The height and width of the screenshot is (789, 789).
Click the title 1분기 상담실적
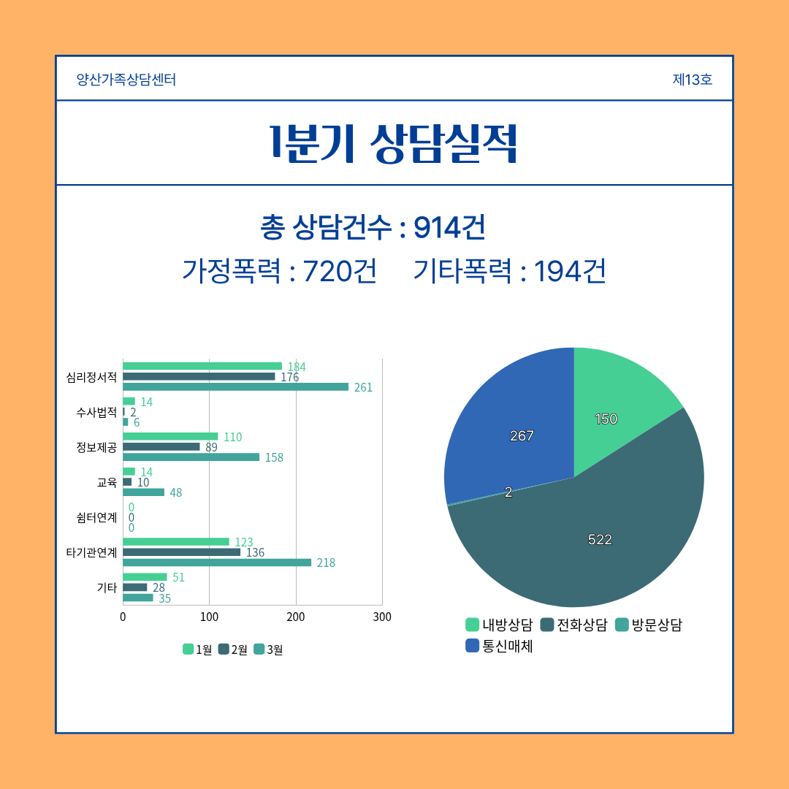(x=394, y=143)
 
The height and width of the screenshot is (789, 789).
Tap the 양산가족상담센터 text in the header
(x=126, y=80)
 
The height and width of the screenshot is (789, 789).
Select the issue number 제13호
(x=692, y=80)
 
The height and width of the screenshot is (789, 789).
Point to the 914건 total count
(x=449, y=228)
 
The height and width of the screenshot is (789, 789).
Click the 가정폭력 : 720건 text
(x=279, y=272)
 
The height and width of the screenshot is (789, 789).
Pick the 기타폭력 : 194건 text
(x=509, y=272)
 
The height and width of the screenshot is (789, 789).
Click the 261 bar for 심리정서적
(x=235, y=387)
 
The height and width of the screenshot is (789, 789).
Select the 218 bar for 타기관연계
(x=217, y=563)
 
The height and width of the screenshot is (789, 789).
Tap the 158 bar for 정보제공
(x=191, y=457)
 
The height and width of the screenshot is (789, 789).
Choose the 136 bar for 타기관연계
(x=181, y=552)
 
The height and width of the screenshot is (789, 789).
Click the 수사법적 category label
(x=96, y=412)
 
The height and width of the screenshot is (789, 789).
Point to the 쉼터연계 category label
(x=96, y=517)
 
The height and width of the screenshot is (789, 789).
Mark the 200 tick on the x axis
(x=296, y=617)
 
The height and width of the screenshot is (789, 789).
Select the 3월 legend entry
(x=268, y=649)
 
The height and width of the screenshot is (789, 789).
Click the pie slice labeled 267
(x=511, y=431)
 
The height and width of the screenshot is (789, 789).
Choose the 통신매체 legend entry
(x=499, y=646)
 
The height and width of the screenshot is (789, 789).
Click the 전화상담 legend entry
(x=573, y=625)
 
